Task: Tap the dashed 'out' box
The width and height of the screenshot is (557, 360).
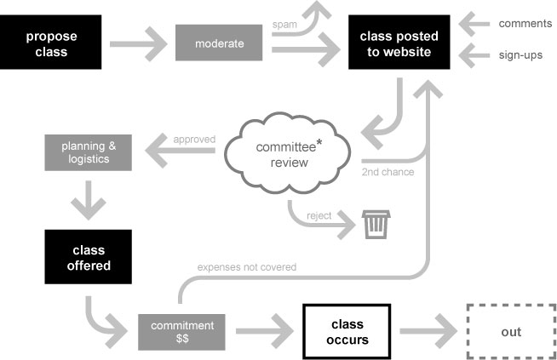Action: (510, 332)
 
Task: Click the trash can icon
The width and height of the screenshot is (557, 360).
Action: (374, 225)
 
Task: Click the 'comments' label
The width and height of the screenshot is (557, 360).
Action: (524, 23)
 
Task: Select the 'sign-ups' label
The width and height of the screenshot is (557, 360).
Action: (522, 55)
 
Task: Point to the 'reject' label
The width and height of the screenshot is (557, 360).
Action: (319, 215)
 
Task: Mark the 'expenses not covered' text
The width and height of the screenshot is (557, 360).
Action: (247, 267)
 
